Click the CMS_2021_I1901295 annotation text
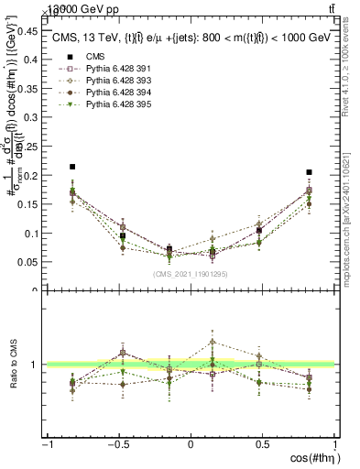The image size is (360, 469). coord(191,274)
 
